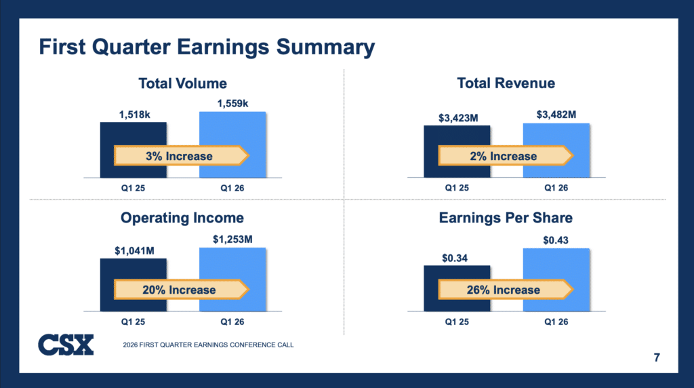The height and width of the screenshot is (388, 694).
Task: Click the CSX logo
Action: point(66,345)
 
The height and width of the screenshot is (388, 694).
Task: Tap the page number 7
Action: point(657,357)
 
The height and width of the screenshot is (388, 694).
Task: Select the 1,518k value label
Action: point(135,115)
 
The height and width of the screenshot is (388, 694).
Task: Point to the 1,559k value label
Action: point(233,104)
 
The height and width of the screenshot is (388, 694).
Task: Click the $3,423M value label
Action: point(459,118)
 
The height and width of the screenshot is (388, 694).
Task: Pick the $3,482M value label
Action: point(556,115)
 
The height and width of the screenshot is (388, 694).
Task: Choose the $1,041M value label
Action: point(135,251)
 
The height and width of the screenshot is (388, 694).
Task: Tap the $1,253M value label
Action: point(233,239)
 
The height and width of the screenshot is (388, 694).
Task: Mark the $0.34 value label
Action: point(455,258)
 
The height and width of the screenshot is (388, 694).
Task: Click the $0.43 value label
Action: point(556,241)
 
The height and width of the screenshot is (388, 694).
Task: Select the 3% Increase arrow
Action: point(182,156)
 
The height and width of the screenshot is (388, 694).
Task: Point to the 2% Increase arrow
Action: point(506,156)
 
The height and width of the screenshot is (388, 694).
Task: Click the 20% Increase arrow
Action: point(182,290)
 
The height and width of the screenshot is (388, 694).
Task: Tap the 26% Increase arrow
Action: point(506,290)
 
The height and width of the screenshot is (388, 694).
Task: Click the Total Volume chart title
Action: point(183,83)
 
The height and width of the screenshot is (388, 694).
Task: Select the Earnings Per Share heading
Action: point(506,218)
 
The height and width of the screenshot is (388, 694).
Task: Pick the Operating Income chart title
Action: point(182,218)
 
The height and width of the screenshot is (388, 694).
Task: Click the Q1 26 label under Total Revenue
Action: point(556,188)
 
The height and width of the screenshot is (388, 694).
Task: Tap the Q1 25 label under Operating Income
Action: point(134,322)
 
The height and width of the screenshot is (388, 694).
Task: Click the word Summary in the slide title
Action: point(326,47)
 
